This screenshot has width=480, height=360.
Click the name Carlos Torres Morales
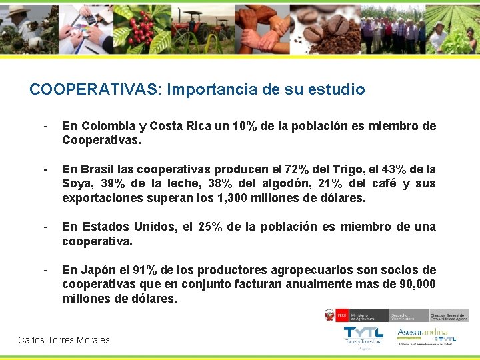pyautogui.click(x=64, y=340)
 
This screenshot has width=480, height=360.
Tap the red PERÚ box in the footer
pyautogui.click(x=341, y=314)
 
